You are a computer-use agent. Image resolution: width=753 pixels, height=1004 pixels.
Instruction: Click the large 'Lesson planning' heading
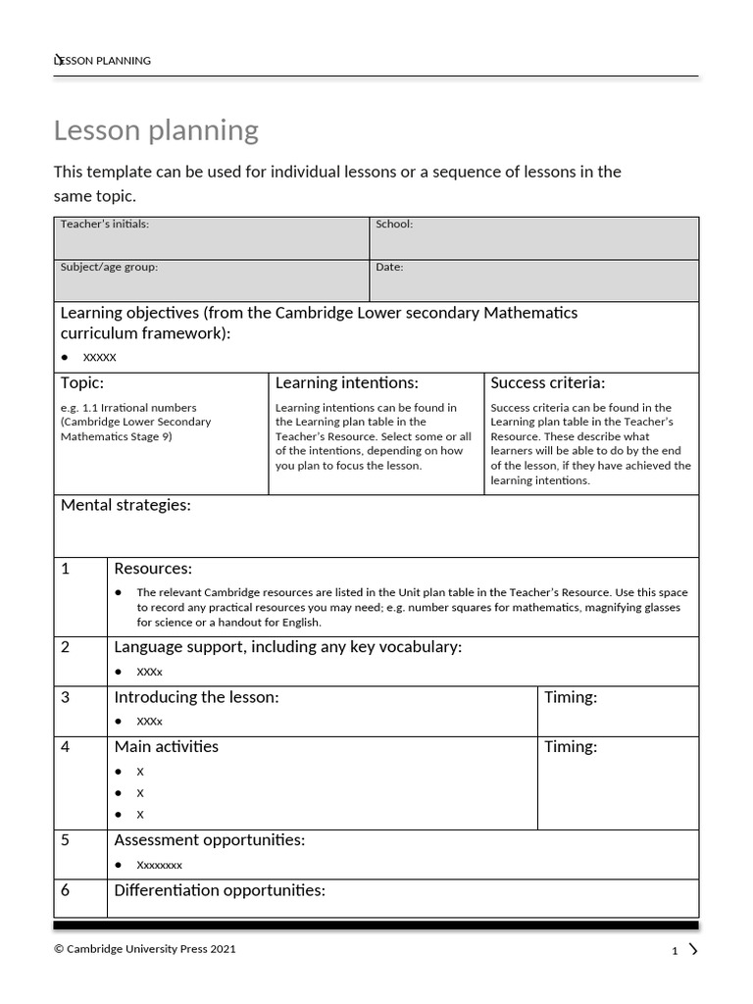pos(156,130)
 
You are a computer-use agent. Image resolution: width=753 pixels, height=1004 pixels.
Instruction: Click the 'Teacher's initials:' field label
pos(105,225)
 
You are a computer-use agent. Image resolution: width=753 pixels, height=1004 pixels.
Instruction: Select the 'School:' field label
pos(394,225)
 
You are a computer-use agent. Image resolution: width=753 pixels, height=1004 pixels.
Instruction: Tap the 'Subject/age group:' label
pos(109,267)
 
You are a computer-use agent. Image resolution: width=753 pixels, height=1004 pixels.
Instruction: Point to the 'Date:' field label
pos(389,267)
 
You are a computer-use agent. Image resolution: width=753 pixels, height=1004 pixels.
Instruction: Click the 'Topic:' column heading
pos(82,383)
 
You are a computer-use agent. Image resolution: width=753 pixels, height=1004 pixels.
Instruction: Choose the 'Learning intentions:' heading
pos(346,383)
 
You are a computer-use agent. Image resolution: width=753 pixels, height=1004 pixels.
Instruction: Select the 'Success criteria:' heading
pos(547,383)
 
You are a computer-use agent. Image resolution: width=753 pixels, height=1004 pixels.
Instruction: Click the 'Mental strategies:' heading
pos(125,505)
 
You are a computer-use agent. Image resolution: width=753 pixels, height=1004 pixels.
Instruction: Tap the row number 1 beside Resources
pos(66,569)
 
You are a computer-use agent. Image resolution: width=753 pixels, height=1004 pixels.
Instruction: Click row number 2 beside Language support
pos(66,647)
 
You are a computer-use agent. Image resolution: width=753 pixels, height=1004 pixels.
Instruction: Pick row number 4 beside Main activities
pos(66,747)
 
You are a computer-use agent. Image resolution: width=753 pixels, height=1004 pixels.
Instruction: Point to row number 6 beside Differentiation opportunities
pos(66,891)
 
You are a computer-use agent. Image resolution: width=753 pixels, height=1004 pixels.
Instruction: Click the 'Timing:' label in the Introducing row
pos(571,697)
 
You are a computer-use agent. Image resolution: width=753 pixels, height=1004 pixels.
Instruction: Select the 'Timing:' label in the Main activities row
pos(571,747)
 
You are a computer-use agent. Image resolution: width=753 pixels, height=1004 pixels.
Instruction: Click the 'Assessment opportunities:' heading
pos(209,841)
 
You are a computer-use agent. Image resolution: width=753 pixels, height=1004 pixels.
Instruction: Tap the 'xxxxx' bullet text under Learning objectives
pos(99,357)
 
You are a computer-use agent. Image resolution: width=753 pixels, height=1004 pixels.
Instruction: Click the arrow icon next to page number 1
pos(693,949)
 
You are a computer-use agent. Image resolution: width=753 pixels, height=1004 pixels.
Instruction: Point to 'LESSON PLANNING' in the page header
pos(103,61)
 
